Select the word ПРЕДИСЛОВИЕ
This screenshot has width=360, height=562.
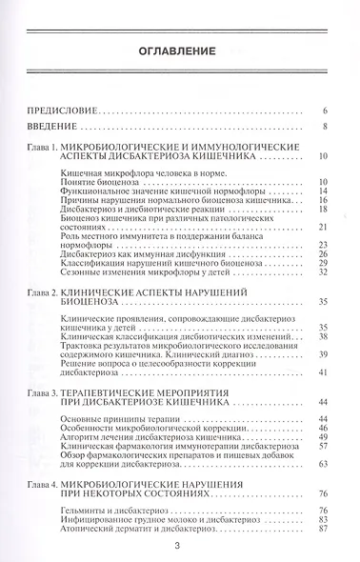(x=63, y=110)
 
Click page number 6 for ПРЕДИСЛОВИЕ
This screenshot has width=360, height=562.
(x=325, y=110)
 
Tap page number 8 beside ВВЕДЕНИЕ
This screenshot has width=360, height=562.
(x=325, y=125)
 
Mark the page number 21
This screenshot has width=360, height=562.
(x=323, y=226)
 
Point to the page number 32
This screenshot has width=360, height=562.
(x=323, y=271)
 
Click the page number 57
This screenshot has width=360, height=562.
(x=323, y=445)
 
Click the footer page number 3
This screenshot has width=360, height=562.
(x=179, y=547)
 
